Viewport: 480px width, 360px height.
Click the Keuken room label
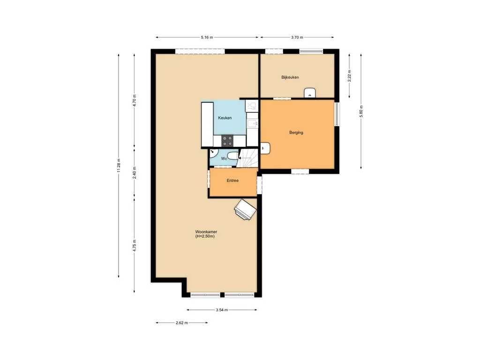[x=225, y=118]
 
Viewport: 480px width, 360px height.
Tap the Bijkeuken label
[x=290, y=77]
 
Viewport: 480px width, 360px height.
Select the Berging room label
[x=296, y=133]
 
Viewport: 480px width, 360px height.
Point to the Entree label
[x=232, y=180]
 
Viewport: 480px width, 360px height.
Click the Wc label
[x=224, y=158]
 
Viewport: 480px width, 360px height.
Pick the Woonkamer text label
[x=206, y=232]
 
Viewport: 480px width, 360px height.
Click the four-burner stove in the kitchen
[x=227, y=141]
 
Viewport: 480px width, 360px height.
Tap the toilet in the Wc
[x=233, y=157]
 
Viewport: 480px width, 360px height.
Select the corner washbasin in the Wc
[x=214, y=152]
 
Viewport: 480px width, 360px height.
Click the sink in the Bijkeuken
[x=310, y=93]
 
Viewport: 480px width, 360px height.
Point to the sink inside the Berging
[x=265, y=148]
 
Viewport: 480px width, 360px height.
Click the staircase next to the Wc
[x=247, y=158]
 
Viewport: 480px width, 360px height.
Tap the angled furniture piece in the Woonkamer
[x=245, y=210]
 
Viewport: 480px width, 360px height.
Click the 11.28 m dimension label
[x=119, y=165]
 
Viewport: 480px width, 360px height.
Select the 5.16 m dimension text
[x=207, y=37]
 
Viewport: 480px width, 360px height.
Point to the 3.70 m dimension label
[x=297, y=37]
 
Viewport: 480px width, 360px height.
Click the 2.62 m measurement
[x=182, y=322]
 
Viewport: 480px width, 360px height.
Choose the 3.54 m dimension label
[x=222, y=310]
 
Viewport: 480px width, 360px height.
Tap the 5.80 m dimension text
[x=361, y=111]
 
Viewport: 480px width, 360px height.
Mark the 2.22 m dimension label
[x=349, y=76]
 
